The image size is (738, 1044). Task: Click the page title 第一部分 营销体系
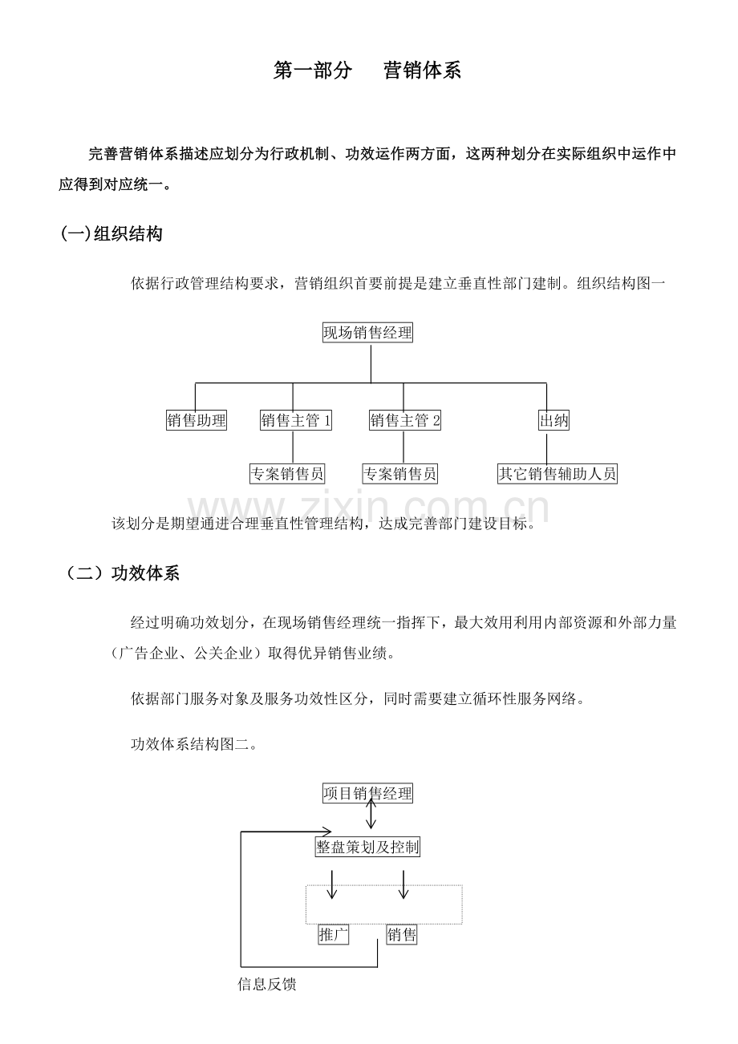tap(367, 71)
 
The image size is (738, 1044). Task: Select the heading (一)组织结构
tap(112, 233)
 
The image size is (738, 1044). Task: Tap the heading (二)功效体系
tap(122, 573)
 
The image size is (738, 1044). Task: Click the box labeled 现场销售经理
tap(367, 333)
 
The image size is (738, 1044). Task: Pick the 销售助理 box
tap(197, 420)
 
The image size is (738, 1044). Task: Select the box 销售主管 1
tap(295, 420)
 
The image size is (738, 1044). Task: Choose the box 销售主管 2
tap(404, 420)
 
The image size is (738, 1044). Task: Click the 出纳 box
tap(553, 420)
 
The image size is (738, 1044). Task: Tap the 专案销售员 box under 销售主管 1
tap(286, 474)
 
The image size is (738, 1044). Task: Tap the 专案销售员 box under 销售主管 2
tap(400, 474)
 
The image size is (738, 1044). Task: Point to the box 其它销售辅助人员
tap(558, 474)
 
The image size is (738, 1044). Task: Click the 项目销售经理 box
tap(367, 793)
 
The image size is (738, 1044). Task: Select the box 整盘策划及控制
tap(367, 847)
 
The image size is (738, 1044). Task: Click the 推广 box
tap(334, 934)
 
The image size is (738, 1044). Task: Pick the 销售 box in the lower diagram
tap(401, 934)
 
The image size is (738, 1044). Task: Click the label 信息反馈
tap(266, 985)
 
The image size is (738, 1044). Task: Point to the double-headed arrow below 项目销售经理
tap(371, 814)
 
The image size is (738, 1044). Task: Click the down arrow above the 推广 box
tap(331, 884)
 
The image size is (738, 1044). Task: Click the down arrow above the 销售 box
tap(403, 884)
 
